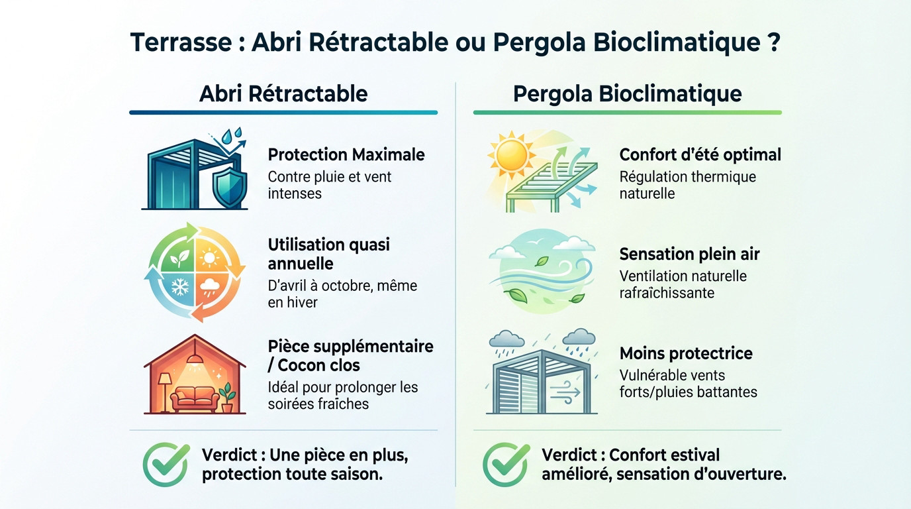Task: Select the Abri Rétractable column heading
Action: (x=283, y=93)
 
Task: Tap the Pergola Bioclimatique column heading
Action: (x=627, y=93)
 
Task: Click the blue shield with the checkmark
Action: (x=229, y=187)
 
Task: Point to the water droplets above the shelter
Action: (x=231, y=135)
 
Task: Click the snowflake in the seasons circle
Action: (x=180, y=287)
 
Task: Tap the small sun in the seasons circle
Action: (x=210, y=256)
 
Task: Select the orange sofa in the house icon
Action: (x=195, y=399)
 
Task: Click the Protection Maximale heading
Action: (x=346, y=155)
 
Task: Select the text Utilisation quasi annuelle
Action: (x=329, y=254)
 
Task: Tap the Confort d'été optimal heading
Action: (x=700, y=155)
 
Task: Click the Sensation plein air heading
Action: (x=689, y=254)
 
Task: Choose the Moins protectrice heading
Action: (x=686, y=353)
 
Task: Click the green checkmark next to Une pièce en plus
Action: (x=166, y=465)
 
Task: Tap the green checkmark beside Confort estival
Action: (x=506, y=465)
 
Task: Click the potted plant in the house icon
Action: (x=228, y=398)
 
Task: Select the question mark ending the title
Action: (x=773, y=42)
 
